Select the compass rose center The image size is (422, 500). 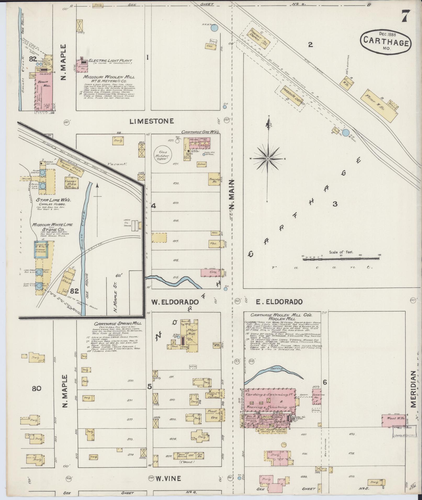268,159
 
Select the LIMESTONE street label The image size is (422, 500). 152,121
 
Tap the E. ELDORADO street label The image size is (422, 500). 279,302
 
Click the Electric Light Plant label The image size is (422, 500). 110,61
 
